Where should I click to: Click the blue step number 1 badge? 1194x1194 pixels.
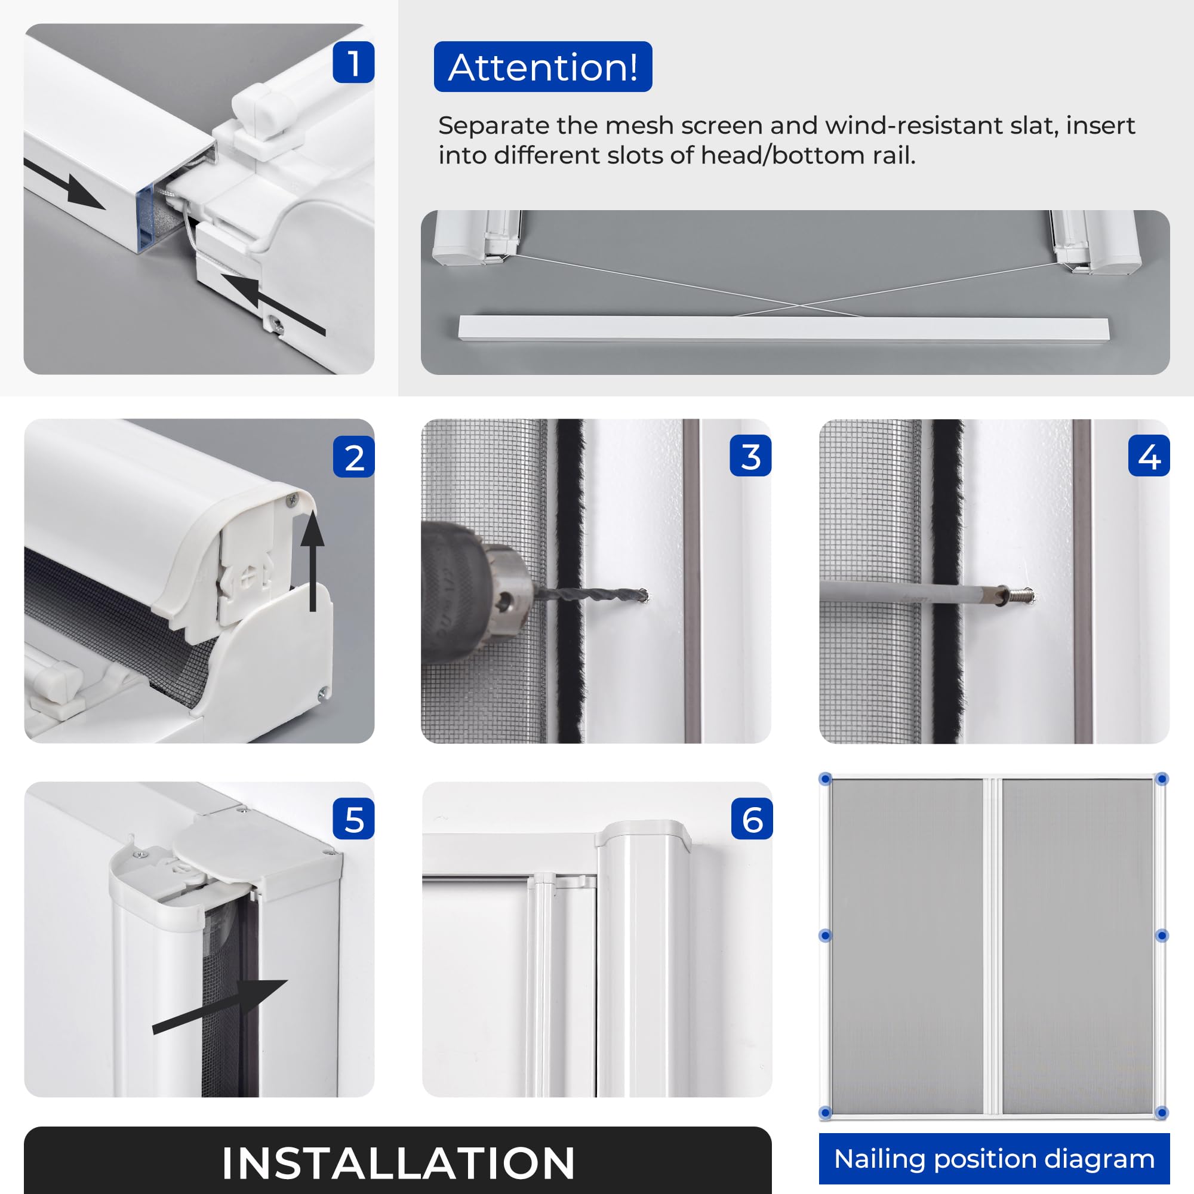(353, 62)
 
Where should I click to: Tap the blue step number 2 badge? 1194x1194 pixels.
(353, 457)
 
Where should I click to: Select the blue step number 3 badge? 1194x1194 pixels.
(750, 456)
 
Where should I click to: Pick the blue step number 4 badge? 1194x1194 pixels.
(1149, 456)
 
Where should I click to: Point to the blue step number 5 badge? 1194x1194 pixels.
(353, 818)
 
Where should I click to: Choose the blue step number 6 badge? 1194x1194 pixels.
(752, 818)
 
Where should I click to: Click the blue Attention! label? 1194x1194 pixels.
(543, 67)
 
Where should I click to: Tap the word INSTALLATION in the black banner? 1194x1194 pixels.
(398, 1163)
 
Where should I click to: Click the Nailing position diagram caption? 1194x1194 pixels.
(995, 1159)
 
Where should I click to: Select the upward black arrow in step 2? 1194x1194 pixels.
(313, 561)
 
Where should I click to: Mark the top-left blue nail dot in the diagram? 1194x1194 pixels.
(825, 779)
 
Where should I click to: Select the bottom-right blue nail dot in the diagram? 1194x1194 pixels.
(1162, 1113)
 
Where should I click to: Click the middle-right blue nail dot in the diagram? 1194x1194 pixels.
(1162, 935)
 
